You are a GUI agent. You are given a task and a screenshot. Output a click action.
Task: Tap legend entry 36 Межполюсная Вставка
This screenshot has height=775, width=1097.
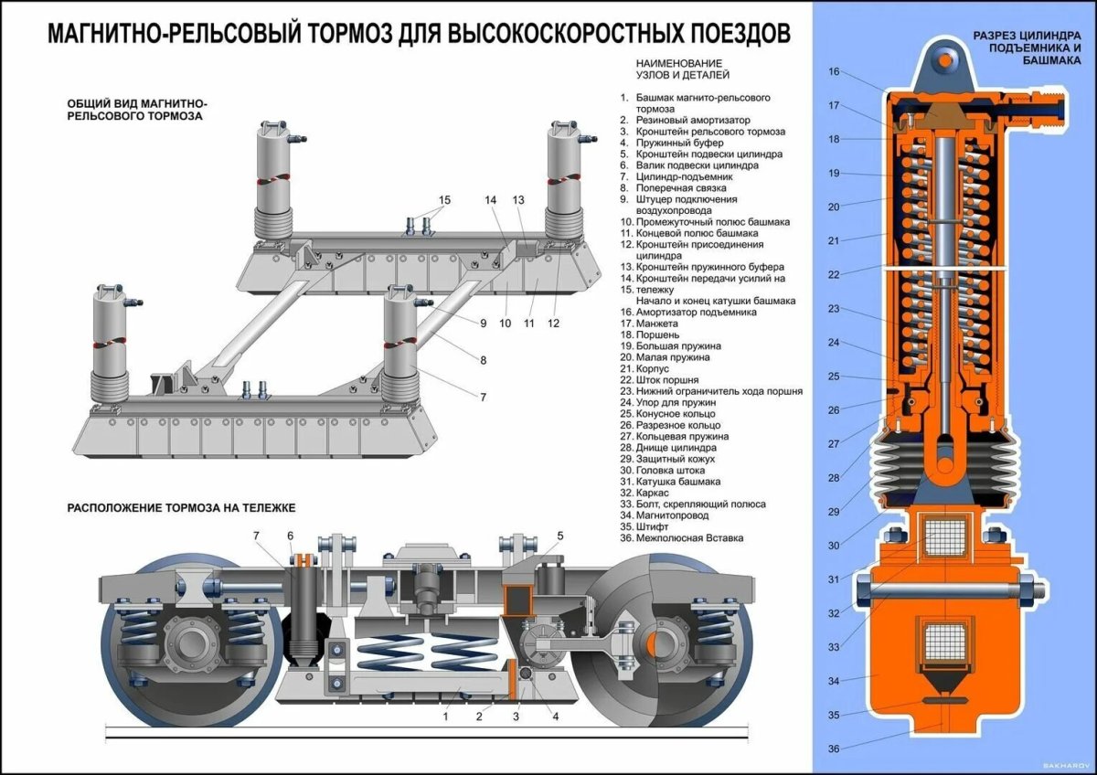[x=680, y=538]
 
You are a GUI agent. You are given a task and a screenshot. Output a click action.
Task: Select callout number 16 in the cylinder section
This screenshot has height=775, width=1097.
[x=834, y=71]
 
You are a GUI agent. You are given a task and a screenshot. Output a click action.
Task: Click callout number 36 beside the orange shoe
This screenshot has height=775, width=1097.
[x=834, y=749]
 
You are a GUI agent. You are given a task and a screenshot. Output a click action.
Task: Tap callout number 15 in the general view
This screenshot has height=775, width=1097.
[x=445, y=200]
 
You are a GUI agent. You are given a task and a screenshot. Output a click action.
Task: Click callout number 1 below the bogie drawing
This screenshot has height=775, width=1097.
[x=445, y=717]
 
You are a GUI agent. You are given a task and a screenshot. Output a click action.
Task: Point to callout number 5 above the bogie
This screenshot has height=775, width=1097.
[x=560, y=536]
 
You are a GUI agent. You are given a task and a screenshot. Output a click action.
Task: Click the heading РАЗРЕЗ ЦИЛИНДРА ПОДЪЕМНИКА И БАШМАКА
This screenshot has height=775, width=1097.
[x=1027, y=47]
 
